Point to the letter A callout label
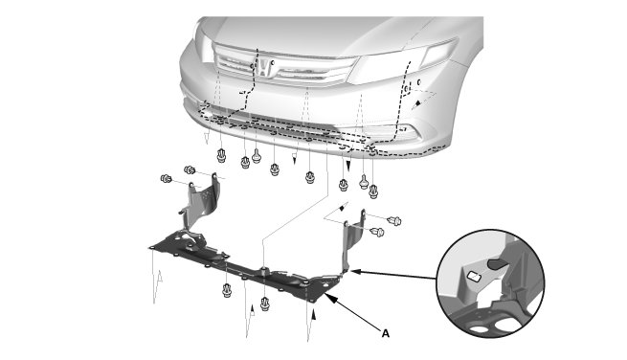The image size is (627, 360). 386,333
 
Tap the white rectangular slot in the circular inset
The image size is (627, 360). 474,276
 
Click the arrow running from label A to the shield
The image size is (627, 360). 351,311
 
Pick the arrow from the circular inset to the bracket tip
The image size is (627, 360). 393,275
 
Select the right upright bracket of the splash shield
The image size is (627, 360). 354,240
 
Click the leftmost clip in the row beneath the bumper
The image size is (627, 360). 221,156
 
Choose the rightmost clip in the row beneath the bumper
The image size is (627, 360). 373,191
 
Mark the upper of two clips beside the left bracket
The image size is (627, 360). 190,170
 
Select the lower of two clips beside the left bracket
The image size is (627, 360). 166,179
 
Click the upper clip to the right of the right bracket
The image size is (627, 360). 394,220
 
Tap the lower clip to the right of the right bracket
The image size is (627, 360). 377,232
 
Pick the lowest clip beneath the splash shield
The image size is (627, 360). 265,304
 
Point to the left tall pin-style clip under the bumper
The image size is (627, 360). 257,156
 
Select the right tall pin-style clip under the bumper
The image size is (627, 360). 364,182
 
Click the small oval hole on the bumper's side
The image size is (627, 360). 419,82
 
